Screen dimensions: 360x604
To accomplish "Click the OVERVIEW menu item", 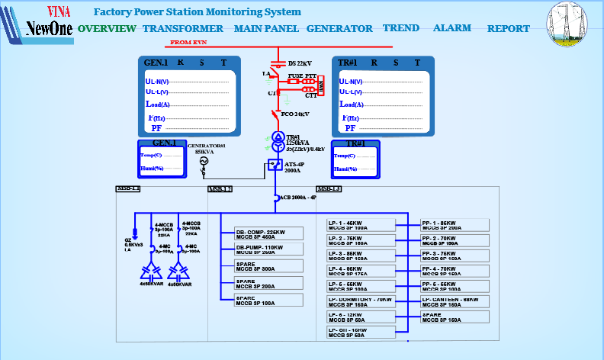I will (107, 29).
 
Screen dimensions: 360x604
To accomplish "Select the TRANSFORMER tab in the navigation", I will (183, 29).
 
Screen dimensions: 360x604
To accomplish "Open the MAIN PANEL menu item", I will (266, 29).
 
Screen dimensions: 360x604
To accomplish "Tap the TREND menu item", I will (401, 28).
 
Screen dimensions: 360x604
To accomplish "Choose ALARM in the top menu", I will (452, 28).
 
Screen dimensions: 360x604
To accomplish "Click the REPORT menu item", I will (509, 29).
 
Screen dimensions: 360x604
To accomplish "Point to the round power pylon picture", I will (567, 24).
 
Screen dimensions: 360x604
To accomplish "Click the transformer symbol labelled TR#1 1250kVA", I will (278, 140).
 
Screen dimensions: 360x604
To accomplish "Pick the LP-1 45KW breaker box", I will (361, 225).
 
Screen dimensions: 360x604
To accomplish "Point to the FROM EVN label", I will (189, 43).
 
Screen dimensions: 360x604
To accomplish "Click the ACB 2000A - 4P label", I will (297, 198).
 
